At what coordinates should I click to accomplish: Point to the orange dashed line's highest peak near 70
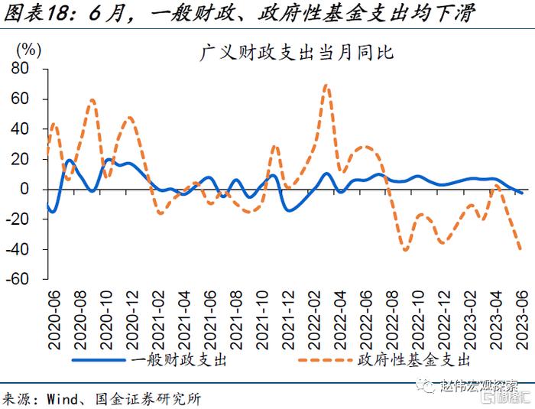(326, 85)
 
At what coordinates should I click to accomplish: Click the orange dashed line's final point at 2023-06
(521, 249)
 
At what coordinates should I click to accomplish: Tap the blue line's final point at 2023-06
(521, 193)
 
